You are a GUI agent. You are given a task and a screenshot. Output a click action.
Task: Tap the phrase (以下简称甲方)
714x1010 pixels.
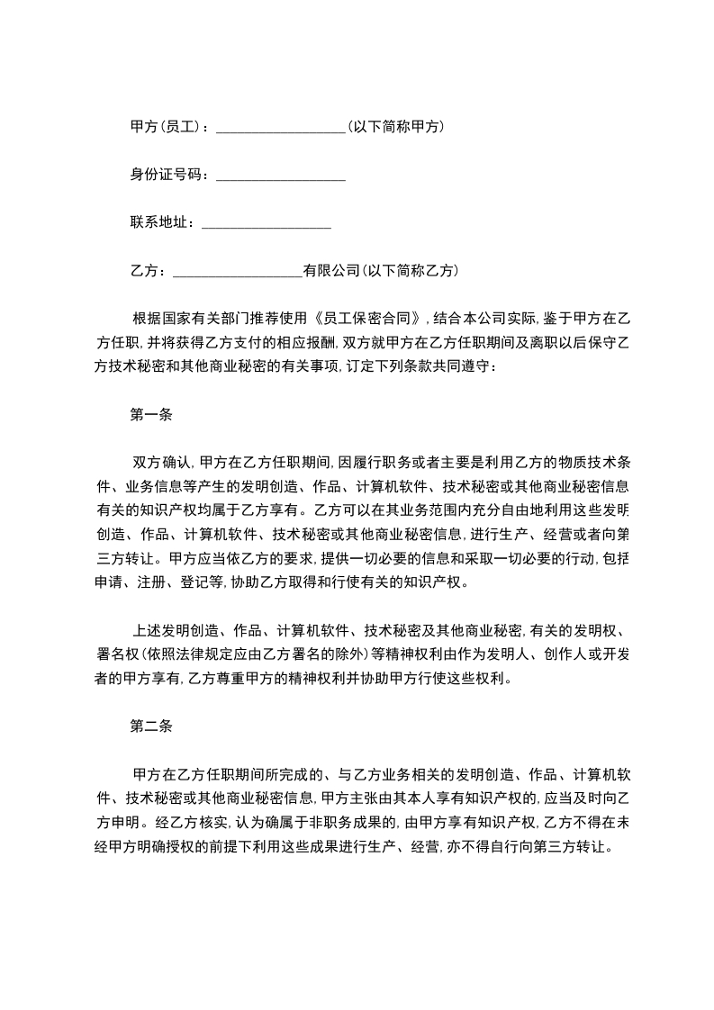pyautogui.click(x=396, y=127)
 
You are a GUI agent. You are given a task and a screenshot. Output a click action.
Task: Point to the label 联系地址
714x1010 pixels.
pyautogui.click(x=161, y=222)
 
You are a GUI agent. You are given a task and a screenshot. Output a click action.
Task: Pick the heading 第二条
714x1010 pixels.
pyautogui.click(x=151, y=725)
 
